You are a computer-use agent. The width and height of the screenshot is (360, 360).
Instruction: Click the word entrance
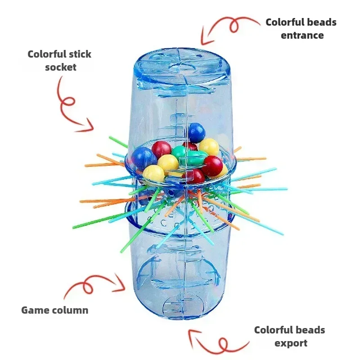coord(302,35)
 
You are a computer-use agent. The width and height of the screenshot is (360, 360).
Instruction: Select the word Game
coord(35,310)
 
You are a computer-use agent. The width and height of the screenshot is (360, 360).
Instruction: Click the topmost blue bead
coord(196,132)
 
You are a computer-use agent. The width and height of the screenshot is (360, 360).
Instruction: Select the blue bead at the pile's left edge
coord(144,158)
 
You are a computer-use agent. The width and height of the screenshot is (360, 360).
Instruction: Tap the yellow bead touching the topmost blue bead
coord(209,147)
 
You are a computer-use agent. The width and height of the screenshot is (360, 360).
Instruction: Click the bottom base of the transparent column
coord(184,306)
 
